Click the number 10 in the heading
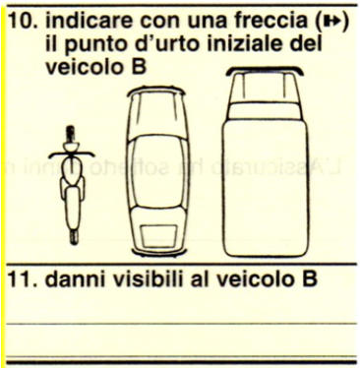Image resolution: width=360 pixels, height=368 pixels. [x=21, y=21]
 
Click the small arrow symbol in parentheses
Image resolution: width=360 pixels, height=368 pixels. [x=330, y=22]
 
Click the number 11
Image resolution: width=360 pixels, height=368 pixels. [x=21, y=279]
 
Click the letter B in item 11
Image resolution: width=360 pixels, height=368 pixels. [x=309, y=279]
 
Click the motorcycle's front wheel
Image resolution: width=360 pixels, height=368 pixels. [x=70, y=134]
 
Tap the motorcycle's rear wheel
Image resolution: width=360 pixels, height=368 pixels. [x=74, y=236]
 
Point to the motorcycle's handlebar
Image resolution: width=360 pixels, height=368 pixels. [x=72, y=153]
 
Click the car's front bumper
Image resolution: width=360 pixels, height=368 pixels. [x=155, y=91]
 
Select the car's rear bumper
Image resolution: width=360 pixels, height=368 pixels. [x=159, y=252]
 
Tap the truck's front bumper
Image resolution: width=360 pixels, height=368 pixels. [x=265, y=71]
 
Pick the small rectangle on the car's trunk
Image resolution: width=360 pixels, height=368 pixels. [x=158, y=236]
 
